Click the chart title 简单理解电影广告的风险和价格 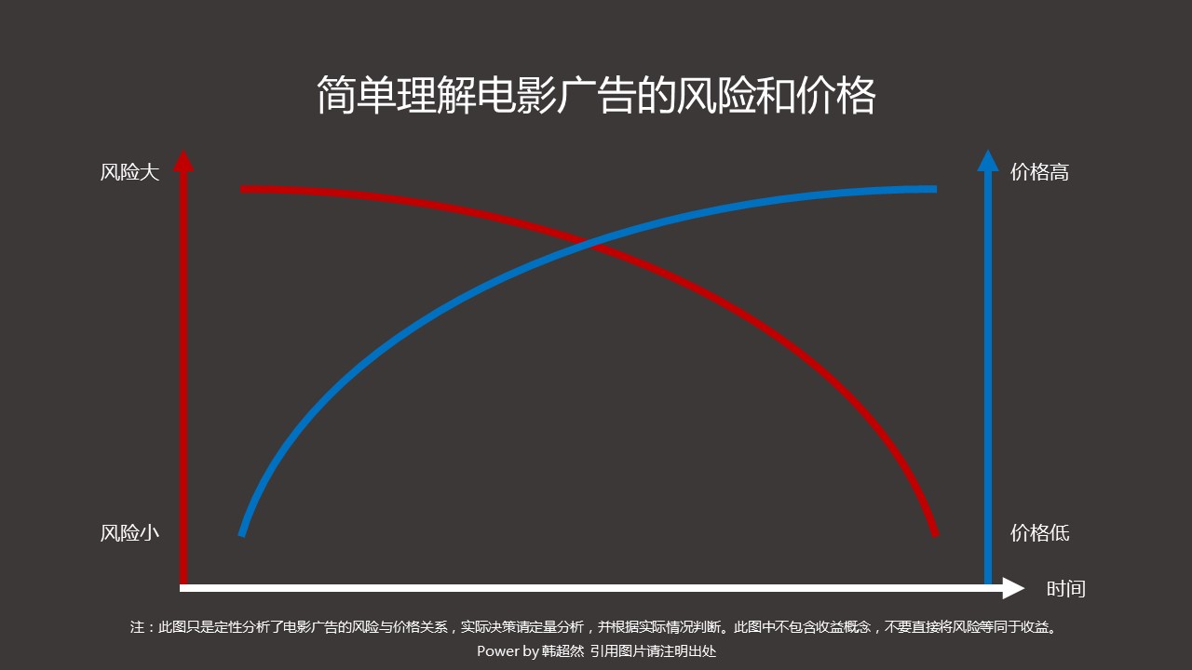tap(596, 96)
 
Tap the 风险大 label tap(129, 172)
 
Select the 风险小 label tap(129, 533)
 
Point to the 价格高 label tap(1040, 172)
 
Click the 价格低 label tap(1040, 533)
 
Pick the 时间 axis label tap(1066, 589)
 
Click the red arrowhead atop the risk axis tap(183, 161)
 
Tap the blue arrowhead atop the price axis tap(988, 161)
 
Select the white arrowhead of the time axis tap(1013, 588)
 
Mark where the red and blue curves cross tap(587, 244)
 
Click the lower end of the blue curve tap(241, 534)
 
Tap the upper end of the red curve tap(243, 189)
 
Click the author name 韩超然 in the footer tap(563, 650)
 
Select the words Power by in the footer tap(508, 650)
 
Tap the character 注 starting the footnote tap(137, 627)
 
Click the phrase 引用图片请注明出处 tap(653, 650)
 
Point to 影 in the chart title tap(536, 96)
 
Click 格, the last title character tap(856, 96)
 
